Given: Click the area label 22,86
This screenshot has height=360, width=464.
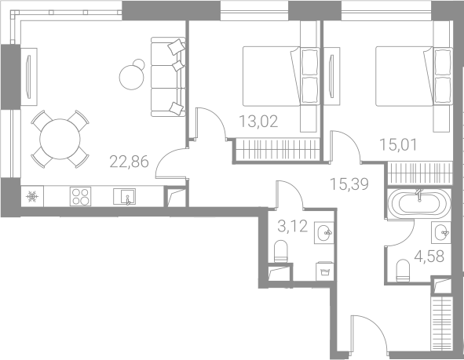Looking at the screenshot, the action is click(x=129, y=162).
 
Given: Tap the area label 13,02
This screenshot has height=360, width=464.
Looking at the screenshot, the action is click(x=258, y=122).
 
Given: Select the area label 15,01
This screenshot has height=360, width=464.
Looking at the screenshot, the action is click(x=398, y=145).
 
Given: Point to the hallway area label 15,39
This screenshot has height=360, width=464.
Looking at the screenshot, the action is click(x=349, y=184).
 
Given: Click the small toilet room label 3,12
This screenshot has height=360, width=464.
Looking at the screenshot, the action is click(x=293, y=227).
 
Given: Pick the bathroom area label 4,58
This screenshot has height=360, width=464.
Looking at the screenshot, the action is click(x=429, y=256).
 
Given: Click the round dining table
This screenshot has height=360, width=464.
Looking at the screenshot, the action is click(x=60, y=139).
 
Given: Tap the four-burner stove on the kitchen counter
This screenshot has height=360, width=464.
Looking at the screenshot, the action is click(x=81, y=196).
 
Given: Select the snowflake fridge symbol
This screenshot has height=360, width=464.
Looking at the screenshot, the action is click(x=32, y=197).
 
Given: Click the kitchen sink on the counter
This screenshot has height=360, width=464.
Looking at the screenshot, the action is click(x=124, y=196).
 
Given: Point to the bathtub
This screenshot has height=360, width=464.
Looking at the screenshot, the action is click(x=419, y=204).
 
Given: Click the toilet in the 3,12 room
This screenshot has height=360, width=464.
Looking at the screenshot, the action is click(x=281, y=251).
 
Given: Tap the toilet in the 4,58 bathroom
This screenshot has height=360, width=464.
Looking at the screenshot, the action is click(x=403, y=271).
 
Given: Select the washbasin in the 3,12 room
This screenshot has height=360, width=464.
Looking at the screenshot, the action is click(x=324, y=233).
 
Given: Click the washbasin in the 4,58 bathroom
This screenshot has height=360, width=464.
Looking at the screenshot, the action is click(x=441, y=233).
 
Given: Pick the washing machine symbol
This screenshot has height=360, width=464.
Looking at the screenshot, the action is click(x=324, y=271).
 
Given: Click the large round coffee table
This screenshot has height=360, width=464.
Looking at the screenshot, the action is click(x=132, y=78).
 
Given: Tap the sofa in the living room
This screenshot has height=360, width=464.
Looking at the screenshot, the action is click(x=168, y=77).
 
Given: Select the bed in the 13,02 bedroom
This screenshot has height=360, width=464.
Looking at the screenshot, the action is click(x=281, y=76).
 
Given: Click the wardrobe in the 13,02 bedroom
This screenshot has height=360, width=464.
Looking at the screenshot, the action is click(x=277, y=150).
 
